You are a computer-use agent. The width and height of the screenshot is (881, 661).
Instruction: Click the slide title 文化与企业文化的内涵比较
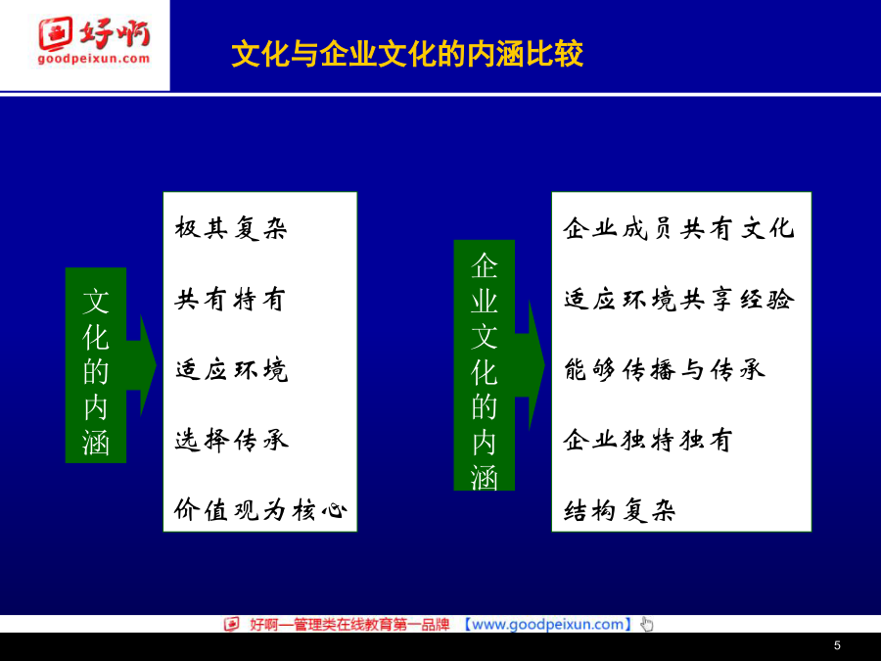(407, 54)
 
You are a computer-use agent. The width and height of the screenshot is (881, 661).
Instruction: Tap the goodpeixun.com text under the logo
(94, 59)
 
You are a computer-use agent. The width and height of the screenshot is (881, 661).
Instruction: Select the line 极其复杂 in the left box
(231, 228)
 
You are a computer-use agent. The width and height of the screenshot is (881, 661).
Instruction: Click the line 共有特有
(230, 299)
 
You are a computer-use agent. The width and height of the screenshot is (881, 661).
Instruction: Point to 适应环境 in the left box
(231, 370)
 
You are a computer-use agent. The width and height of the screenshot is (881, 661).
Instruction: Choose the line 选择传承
(231, 440)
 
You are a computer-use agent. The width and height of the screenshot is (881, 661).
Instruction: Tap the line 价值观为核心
(260, 510)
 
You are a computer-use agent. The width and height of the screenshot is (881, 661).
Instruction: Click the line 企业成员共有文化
(678, 228)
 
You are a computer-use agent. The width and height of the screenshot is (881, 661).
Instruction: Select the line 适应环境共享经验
(679, 299)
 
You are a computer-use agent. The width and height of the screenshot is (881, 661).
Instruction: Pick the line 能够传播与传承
(665, 370)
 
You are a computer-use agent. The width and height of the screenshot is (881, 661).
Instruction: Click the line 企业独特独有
(648, 440)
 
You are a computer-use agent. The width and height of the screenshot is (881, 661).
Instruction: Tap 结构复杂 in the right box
(620, 510)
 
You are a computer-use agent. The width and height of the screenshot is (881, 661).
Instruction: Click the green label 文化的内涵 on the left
(96, 365)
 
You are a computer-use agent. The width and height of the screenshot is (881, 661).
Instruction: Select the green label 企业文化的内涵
(485, 365)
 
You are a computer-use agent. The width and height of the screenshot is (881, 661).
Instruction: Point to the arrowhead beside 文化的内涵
(148, 365)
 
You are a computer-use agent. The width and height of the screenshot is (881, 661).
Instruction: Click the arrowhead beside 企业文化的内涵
(536, 365)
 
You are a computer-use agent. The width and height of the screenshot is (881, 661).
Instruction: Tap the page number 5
(837, 646)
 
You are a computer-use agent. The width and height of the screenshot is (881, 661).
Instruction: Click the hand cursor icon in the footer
(647, 625)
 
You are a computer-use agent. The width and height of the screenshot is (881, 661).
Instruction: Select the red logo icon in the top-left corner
(55, 33)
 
